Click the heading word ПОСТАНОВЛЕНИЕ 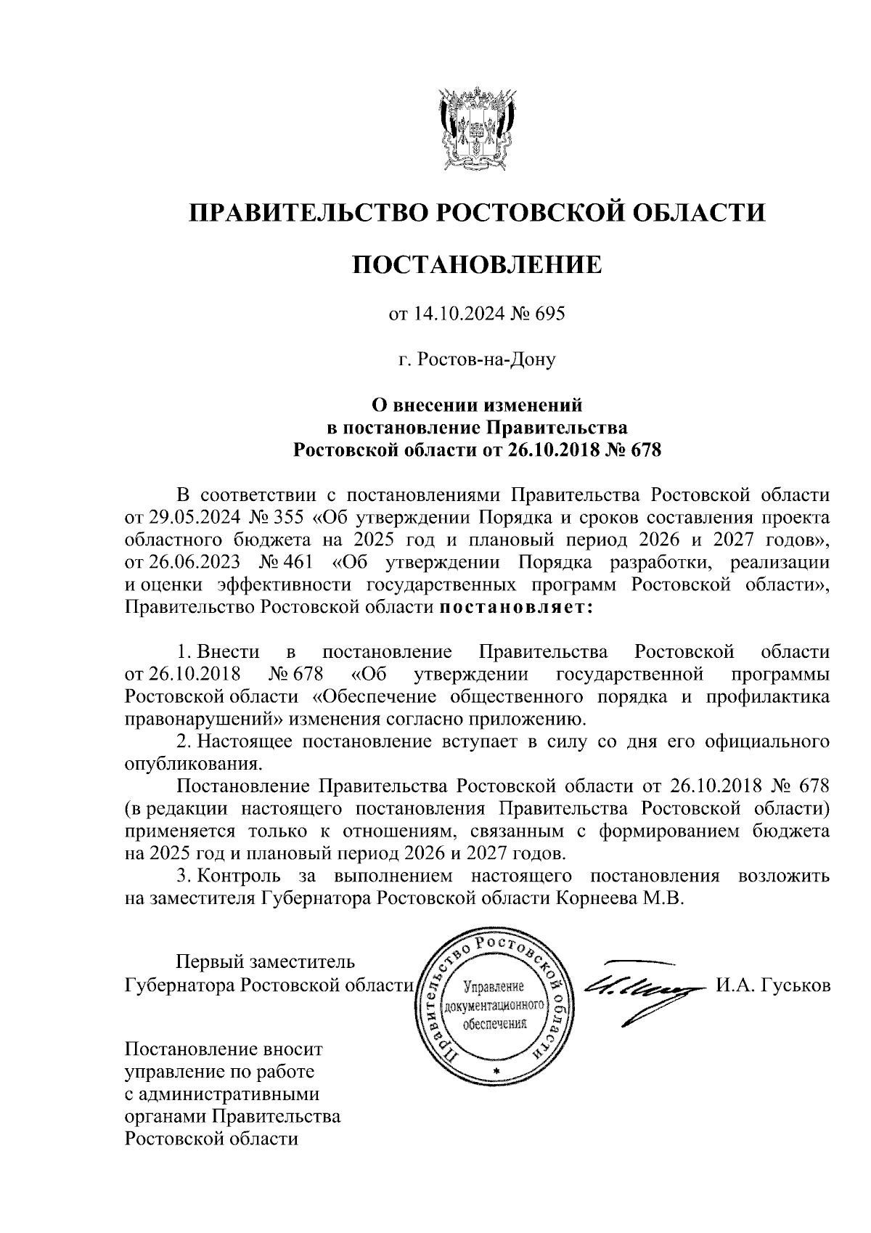[477, 264]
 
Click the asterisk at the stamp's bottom [496, 1073]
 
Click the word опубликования [192, 764]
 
